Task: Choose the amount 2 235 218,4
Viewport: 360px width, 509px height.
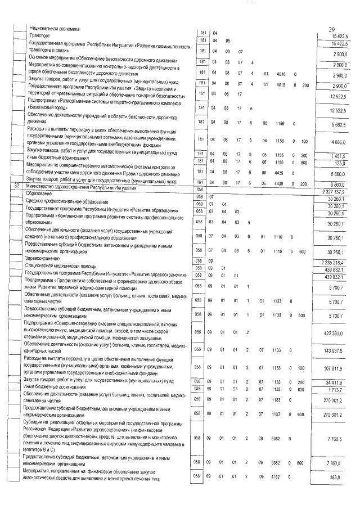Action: [336, 262]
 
